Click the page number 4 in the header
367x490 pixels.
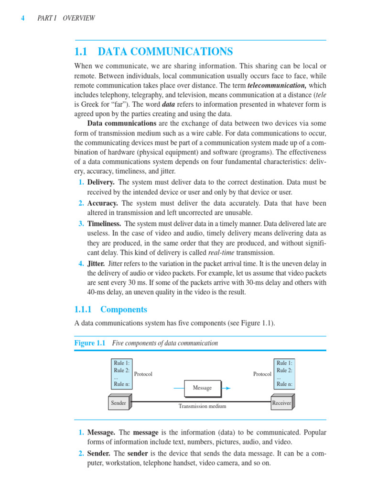coord(22,18)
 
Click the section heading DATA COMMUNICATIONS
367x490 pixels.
coord(165,52)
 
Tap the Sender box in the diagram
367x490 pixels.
coord(119,403)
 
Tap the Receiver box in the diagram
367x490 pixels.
coord(281,403)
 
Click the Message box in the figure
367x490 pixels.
coord(202,388)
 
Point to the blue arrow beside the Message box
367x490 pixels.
coord(227,388)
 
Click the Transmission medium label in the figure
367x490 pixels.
coord(202,406)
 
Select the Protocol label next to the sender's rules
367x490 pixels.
coord(143,374)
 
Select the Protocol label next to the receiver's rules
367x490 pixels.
coord(262,374)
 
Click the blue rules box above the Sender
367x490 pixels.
coord(121,373)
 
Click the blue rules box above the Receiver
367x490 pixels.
coord(284,373)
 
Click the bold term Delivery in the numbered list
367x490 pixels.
coord(100,182)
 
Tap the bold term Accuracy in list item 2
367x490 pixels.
coord(102,203)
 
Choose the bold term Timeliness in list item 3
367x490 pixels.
coord(104,223)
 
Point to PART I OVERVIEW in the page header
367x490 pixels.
coord(66,18)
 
